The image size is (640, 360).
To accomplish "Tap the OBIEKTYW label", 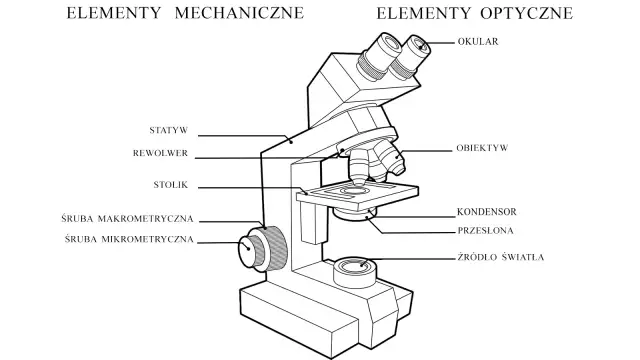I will (x=483, y=148).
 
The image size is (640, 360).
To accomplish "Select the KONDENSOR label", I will (x=486, y=212).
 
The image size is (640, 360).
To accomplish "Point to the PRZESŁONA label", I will (x=486, y=229).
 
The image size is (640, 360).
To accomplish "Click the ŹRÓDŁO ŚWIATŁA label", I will (x=501, y=257).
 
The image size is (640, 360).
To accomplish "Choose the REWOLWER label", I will (x=165, y=154).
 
